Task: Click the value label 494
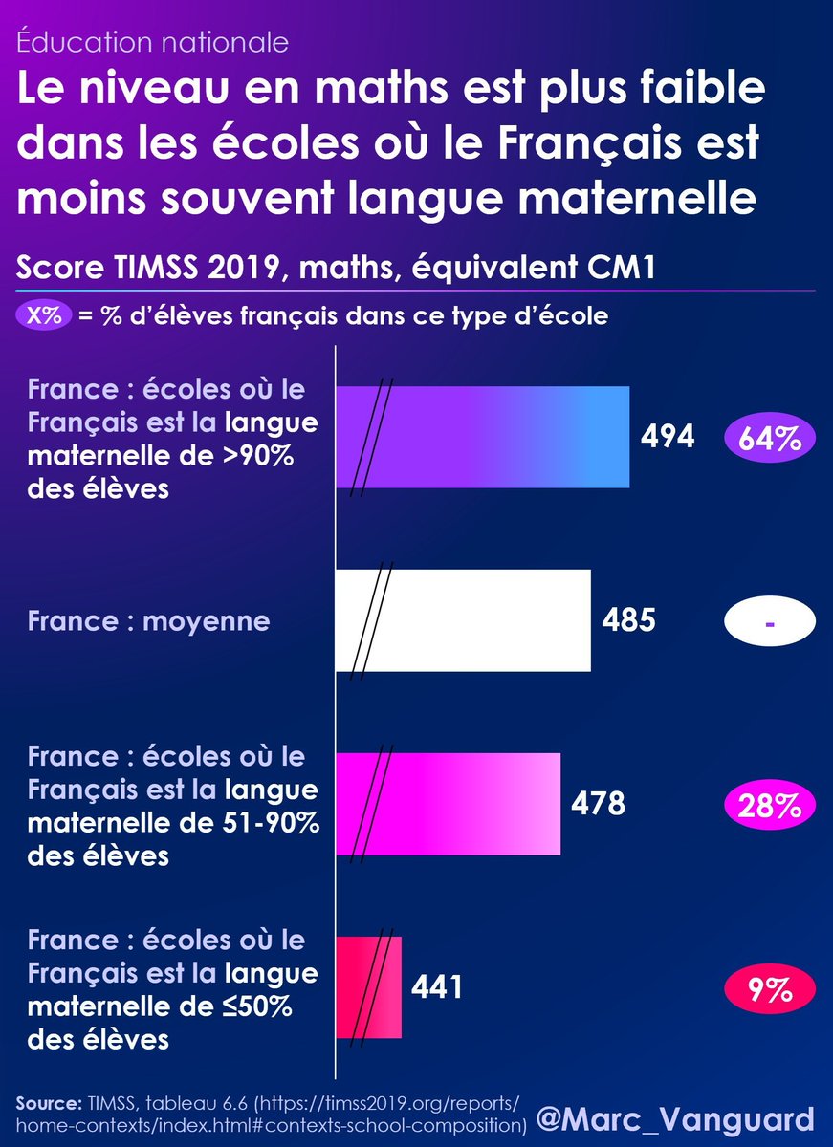(x=667, y=437)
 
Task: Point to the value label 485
(x=628, y=620)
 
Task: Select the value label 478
(x=598, y=804)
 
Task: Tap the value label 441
(x=437, y=986)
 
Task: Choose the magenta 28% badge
(x=770, y=805)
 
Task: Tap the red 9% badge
(x=770, y=988)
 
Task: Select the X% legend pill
(x=44, y=315)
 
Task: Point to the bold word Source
(x=49, y=1103)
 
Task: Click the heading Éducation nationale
(x=153, y=42)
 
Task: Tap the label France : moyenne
(x=148, y=621)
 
